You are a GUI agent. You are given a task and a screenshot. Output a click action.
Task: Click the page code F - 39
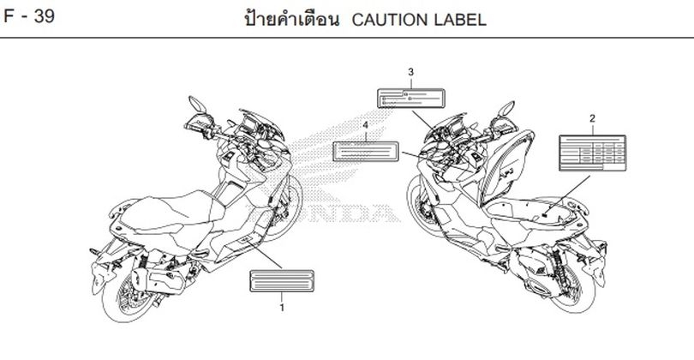click(x=30, y=16)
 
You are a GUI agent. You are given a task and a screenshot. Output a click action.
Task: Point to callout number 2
click(x=592, y=117)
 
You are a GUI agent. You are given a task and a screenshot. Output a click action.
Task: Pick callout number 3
click(x=410, y=71)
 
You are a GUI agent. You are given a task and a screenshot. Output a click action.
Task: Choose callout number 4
click(x=366, y=125)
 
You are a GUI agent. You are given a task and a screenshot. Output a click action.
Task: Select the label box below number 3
click(x=410, y=96)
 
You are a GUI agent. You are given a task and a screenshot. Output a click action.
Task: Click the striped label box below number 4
click(x=366, y=151)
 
